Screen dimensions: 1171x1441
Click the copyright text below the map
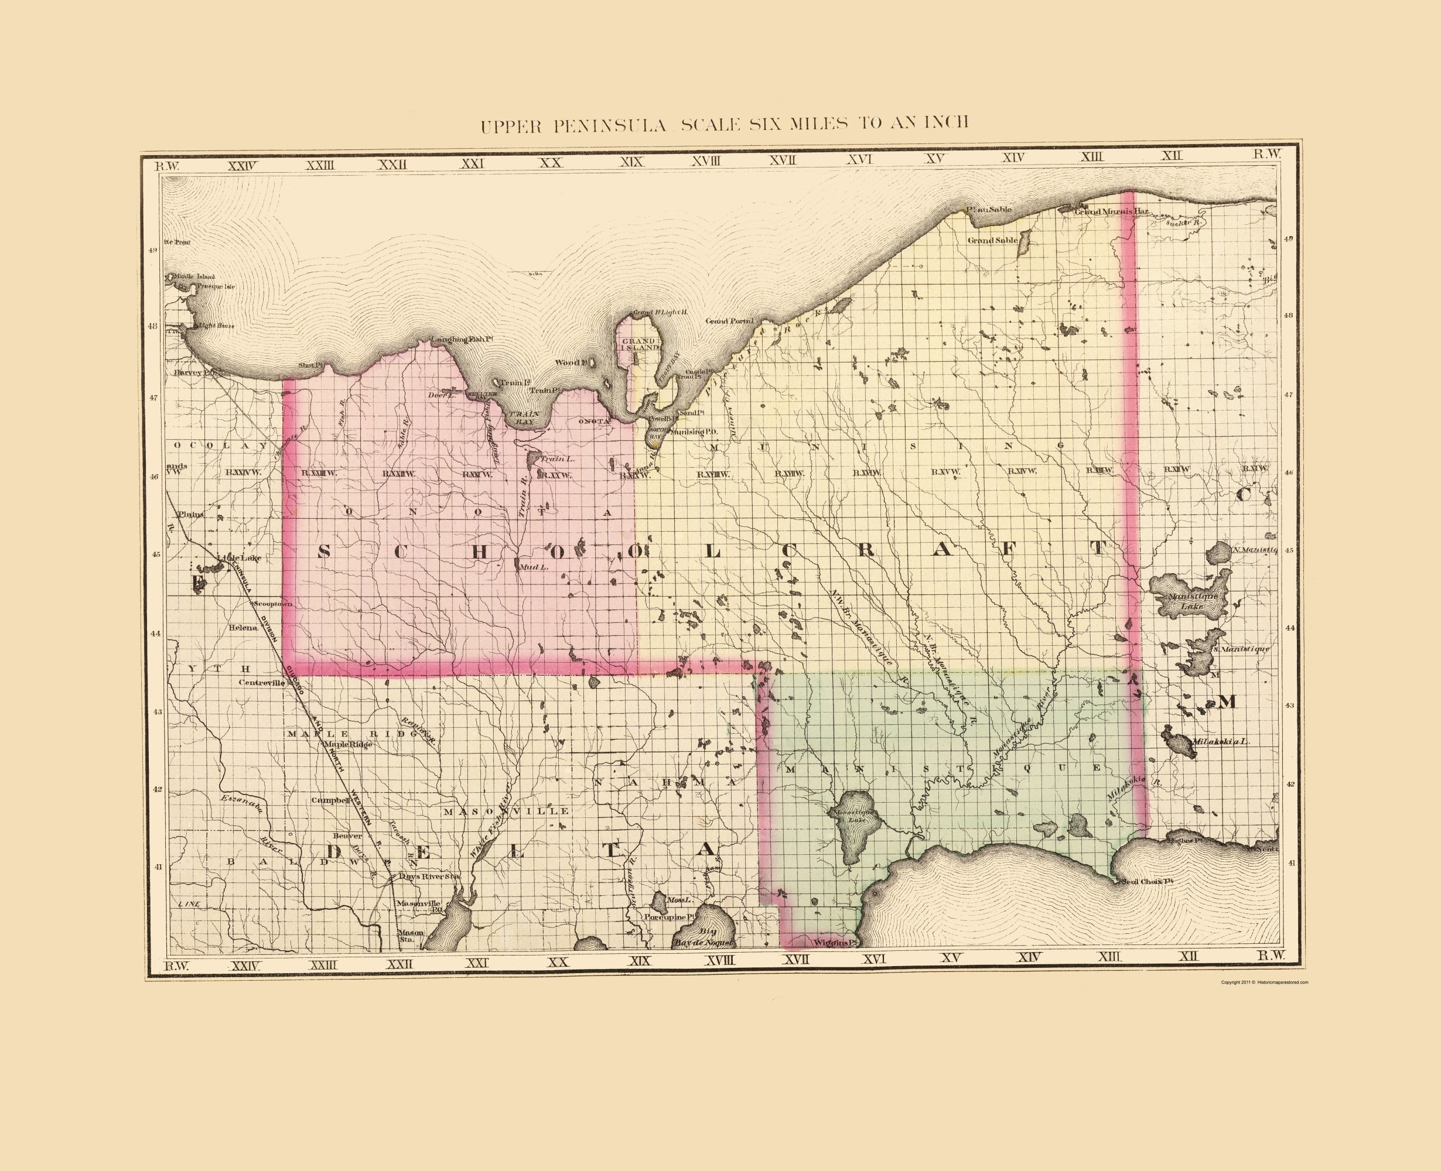pyautogui.click(x=1265, y=982)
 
